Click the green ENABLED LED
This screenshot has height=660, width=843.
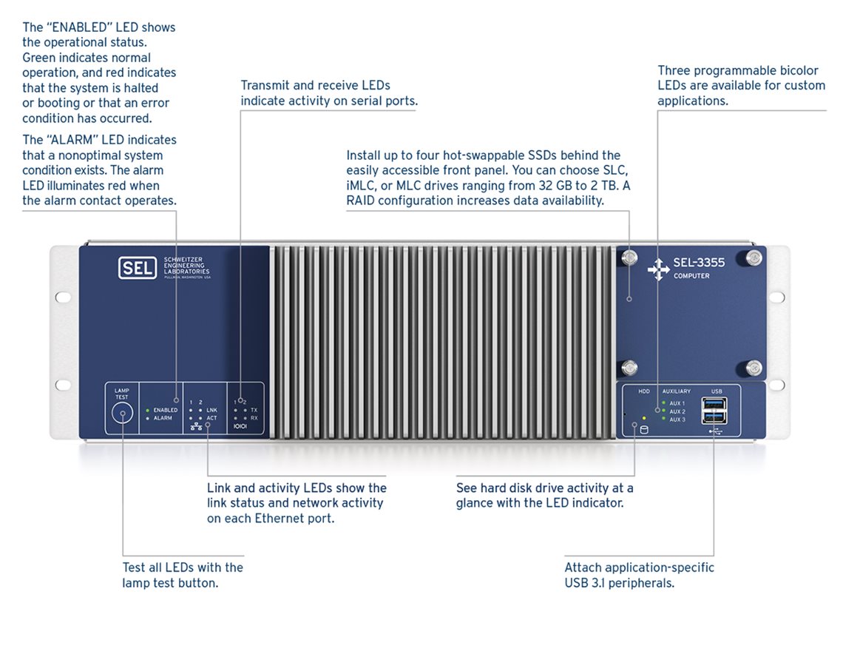point(148,410)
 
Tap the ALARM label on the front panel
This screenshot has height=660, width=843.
point(163,419)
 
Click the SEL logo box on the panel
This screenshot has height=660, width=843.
point(137,267)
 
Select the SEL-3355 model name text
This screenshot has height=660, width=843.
point(699,263)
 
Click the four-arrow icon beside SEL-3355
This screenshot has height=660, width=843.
point(657,270)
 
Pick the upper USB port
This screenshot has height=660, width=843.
point(716,403)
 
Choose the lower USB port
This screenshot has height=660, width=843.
point(716,417)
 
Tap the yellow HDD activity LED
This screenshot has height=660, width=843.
point(644,419)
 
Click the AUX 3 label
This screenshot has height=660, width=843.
point(677,420)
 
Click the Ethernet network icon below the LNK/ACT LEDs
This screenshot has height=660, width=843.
point(197,427)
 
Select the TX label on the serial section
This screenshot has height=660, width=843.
point(254,410)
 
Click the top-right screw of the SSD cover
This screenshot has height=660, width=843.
point(753,257)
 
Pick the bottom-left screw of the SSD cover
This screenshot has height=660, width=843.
point(629,367)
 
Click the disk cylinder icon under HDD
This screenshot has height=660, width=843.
point(643,430)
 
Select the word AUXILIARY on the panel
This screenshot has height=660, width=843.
point(677,391)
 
